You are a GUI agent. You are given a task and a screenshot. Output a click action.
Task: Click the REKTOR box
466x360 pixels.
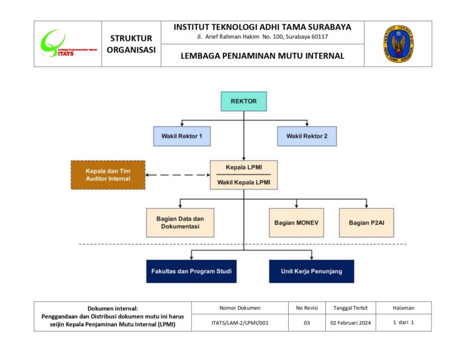[243, 101]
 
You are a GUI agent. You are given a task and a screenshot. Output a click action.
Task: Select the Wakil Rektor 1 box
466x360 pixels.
[182, 136]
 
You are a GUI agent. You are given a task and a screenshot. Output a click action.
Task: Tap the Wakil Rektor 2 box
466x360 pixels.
[307, 136]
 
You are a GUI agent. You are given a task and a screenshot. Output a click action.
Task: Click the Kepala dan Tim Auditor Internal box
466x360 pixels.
[108, 175]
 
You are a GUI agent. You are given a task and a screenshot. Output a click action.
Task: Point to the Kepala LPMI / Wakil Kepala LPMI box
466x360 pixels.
[243, 175]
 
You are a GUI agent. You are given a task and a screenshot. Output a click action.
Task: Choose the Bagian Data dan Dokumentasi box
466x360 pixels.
[180, 222]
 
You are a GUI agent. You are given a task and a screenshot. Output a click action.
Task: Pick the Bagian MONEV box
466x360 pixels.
[296, 223]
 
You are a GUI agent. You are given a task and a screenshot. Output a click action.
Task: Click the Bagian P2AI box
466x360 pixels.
[366, 223]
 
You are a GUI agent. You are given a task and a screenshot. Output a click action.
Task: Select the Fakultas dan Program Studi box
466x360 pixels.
[191, 271]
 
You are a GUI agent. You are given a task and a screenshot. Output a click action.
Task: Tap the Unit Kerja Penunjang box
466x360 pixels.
[311, 271]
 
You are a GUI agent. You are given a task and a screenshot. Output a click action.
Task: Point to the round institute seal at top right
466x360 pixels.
[398, 44]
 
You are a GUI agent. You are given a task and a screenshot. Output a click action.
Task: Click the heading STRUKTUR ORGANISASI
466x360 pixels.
[131, 44]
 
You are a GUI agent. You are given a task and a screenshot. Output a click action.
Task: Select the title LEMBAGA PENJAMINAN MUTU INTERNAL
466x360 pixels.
[262, 56]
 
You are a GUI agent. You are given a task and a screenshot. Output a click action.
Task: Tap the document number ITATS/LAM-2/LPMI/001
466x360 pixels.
[240, 323]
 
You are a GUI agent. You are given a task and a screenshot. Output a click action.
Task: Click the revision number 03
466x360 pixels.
[307, 323]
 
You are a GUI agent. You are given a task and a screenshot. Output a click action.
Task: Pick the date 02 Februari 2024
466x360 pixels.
[350, 323]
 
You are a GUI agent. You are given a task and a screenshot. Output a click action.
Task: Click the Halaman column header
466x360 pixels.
[404, 308]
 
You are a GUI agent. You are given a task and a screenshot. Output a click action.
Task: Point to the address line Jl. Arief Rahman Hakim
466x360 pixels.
[262, 37]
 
